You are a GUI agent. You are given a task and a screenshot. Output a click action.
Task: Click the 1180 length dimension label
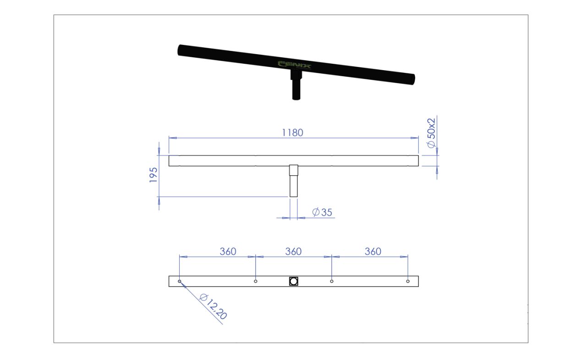pyautogui.click(x=292, y=133)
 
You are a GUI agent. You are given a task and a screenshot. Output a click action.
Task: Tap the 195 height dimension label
pyautogui.click(x=154, y=175)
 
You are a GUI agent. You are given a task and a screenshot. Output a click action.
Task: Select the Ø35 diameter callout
pyautogui.click(x=322, y=212)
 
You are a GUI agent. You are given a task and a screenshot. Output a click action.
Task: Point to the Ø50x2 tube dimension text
pyautogui.click(x=431, y=133)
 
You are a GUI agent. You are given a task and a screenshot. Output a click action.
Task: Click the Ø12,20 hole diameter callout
pyautogui.click(x=213, y=306)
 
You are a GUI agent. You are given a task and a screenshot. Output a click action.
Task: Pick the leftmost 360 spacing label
pyautogui.click(x=228, y=252)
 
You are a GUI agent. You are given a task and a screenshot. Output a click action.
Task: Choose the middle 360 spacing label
pyautogui.click(x=293, y=252)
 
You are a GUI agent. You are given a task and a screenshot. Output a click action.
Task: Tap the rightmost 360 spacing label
pyautogui.click(x=373, y=252)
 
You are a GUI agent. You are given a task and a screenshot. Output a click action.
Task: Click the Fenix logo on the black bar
pyautogui.click(x=294, y=65)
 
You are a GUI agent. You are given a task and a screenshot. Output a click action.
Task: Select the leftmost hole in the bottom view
pyautogui.click(x=179, y=281)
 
